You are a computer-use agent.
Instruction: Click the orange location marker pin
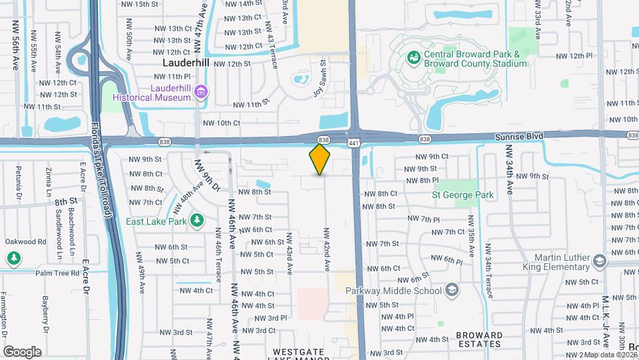tap(320, 159)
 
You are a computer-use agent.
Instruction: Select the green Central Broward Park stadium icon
tap(413, 58)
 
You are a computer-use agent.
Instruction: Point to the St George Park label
tap(463, 195)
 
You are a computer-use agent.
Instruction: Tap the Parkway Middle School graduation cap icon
tap(452, 290)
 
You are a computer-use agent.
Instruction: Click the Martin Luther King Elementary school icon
tap(600, 260)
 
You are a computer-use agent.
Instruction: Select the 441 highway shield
tap(353, 143)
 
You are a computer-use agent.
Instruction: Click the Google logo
tap(22, 351)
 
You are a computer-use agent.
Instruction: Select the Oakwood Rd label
tap(23, 242)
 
